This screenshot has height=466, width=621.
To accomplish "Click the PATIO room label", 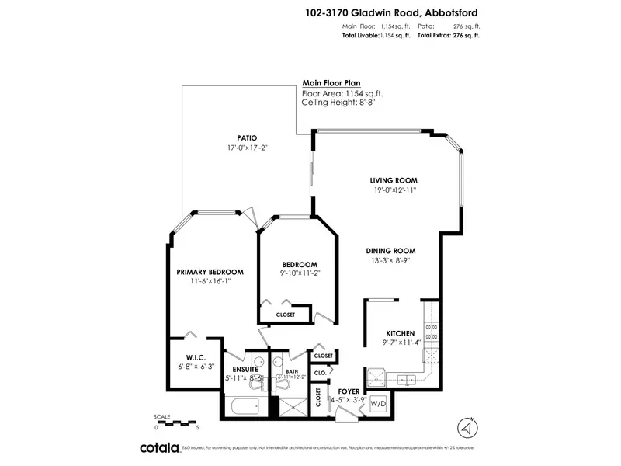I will click(248, 137).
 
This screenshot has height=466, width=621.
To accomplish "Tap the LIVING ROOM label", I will click(394, 180).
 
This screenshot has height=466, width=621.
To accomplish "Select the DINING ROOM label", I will click(391, 251).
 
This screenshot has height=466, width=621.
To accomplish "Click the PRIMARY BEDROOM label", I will click(210, 272).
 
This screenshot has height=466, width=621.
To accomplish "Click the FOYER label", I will click(349, 391).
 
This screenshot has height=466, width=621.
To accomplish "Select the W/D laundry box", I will click(378, 404).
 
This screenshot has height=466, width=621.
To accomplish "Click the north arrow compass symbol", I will click(466, 428).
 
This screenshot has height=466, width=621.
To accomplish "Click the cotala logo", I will click(159, 447).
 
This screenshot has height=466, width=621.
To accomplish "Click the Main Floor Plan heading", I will click(331, 83).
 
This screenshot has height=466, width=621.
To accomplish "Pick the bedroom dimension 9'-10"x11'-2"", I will click(299, 273).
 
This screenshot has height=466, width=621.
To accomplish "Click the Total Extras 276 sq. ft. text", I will click(448, 36).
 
